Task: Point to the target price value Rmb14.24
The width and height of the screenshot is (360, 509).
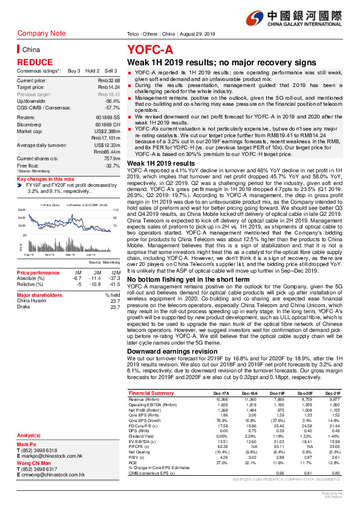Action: pyautogui.click(x=109, y=87)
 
